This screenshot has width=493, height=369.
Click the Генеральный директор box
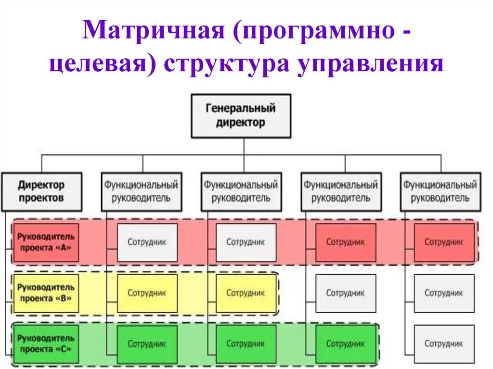(x=241, y=116)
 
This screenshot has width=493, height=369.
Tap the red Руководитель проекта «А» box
(x=46, y=242)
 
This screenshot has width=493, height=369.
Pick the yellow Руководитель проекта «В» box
(x=46, y=293)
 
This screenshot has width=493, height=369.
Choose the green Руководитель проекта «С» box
(x=46, y=344)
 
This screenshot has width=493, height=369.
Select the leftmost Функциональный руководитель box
(x=141, y=191)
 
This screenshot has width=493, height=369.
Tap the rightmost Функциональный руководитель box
(x=440, y=191)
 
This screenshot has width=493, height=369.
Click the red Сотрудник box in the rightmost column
(x=443, y=242)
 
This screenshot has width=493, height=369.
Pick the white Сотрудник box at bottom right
(x=443, y=344)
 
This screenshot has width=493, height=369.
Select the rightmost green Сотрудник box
(x=346, y=344)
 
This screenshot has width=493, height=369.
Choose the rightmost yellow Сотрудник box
(x=246, y=293)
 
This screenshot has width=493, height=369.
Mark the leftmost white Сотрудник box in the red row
(x=147, y=242)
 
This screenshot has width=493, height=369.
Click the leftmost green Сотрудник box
(x=147, y=344)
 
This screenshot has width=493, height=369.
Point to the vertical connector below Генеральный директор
(x=244, y=146)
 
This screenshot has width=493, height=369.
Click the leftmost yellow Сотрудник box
(x=147, y=293)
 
